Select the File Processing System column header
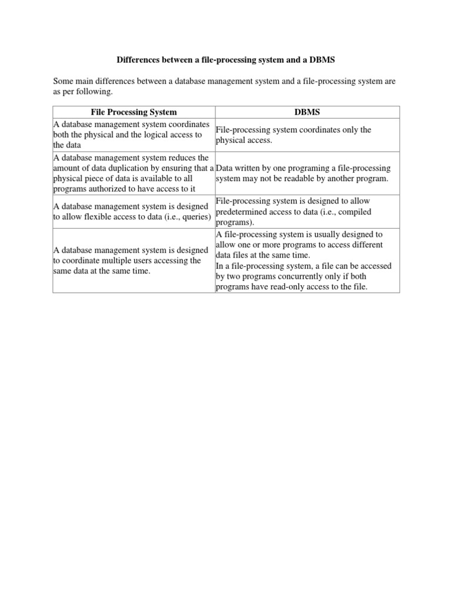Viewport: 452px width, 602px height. [x=134, y=112]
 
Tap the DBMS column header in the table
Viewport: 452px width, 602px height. [x=307, y=112]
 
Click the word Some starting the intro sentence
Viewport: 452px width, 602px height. [x=64, y=81]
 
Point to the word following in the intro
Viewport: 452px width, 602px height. [x=93, y=92]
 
